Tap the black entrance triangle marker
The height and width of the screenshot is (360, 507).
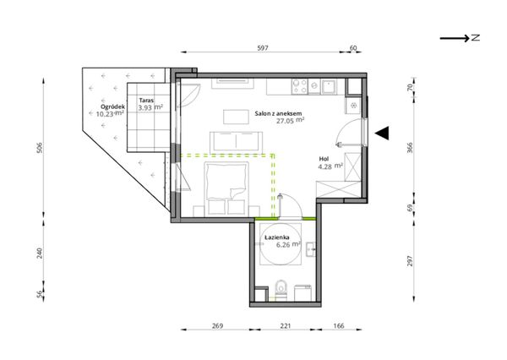(382, 133)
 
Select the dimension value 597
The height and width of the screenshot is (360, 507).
(263, 48)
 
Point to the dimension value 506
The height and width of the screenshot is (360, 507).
(40, 148)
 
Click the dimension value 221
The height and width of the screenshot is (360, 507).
(286, 325)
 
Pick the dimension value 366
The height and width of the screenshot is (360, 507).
(410, 148)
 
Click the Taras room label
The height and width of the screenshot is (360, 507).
(146, 101)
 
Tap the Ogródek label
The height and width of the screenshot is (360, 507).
(112, 106)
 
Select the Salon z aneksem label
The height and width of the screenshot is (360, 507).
(278, 113)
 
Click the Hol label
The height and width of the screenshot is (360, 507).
(324, 159)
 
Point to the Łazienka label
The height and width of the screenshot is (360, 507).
(277, 237)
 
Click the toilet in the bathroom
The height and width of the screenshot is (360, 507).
(281, 290)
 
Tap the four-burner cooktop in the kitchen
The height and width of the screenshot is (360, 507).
(299, 86)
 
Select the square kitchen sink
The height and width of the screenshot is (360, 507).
(330, 87)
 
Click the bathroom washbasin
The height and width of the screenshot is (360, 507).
(311, 249)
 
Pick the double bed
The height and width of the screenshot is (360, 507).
(226, 189)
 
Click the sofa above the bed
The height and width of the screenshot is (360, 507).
(237, 143)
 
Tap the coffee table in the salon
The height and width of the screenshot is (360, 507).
(236, 117)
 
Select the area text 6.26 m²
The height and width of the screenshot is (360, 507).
(288, 244)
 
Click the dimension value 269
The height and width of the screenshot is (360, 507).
(218, 325)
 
